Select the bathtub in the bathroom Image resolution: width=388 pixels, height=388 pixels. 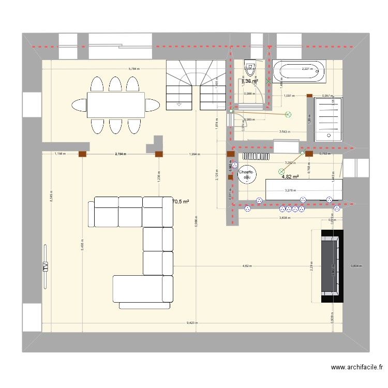[300, 72]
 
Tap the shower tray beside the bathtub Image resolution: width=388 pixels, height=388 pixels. [329, 119]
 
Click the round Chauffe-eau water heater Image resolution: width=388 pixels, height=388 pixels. [245, 175]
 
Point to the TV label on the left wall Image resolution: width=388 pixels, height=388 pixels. [45, 267]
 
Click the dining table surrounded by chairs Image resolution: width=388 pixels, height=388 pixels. [115, 105]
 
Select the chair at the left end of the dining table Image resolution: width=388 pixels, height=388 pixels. [79, 106]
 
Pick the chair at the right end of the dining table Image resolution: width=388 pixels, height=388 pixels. [152, 106]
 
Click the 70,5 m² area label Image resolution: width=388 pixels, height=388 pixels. [181, 202]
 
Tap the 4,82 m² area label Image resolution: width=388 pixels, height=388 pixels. [291, 177]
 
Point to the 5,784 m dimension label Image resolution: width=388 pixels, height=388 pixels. [137, 69]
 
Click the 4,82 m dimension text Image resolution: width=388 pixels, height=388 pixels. [247, 266]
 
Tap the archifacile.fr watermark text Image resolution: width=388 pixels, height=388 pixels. [357, 368]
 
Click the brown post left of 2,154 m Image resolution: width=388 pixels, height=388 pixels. [82, 154]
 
